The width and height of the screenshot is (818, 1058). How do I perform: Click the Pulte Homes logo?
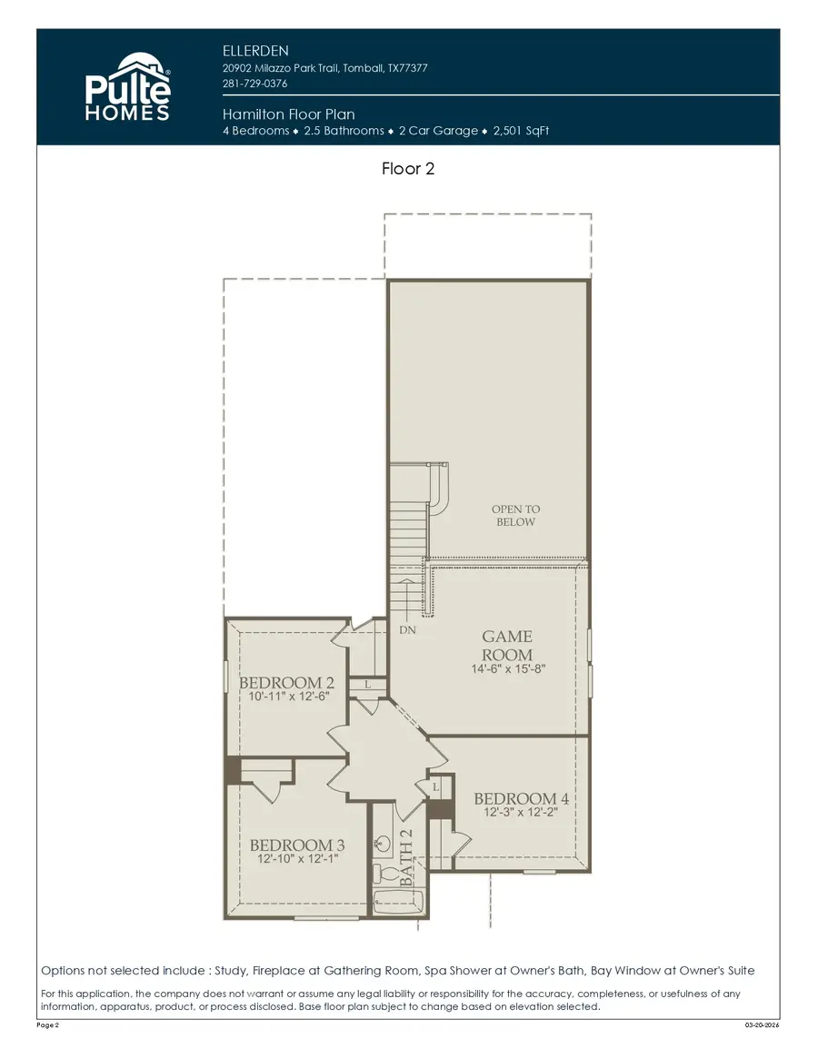tap(126, 87)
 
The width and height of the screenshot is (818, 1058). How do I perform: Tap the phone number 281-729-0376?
tap(254, 84)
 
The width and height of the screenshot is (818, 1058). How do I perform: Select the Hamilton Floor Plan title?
tap(288, 114)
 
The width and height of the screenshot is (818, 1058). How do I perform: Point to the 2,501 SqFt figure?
tap(521, 131)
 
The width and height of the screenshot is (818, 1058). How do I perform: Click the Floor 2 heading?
tap(408, 168)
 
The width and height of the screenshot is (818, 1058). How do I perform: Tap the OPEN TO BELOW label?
tap(515, 516)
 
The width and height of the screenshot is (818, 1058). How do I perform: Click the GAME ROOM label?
tap(507, 646)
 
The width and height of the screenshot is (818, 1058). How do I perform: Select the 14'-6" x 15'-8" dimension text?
tap(507, 670)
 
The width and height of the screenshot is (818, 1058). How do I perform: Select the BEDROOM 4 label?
tap(522, 798)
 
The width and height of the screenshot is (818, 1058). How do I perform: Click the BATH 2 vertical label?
tap(407, 857)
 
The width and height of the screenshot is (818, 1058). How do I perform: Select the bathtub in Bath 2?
tap(398, 905)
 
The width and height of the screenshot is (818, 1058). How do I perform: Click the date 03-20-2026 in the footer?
tap(762, 1024)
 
